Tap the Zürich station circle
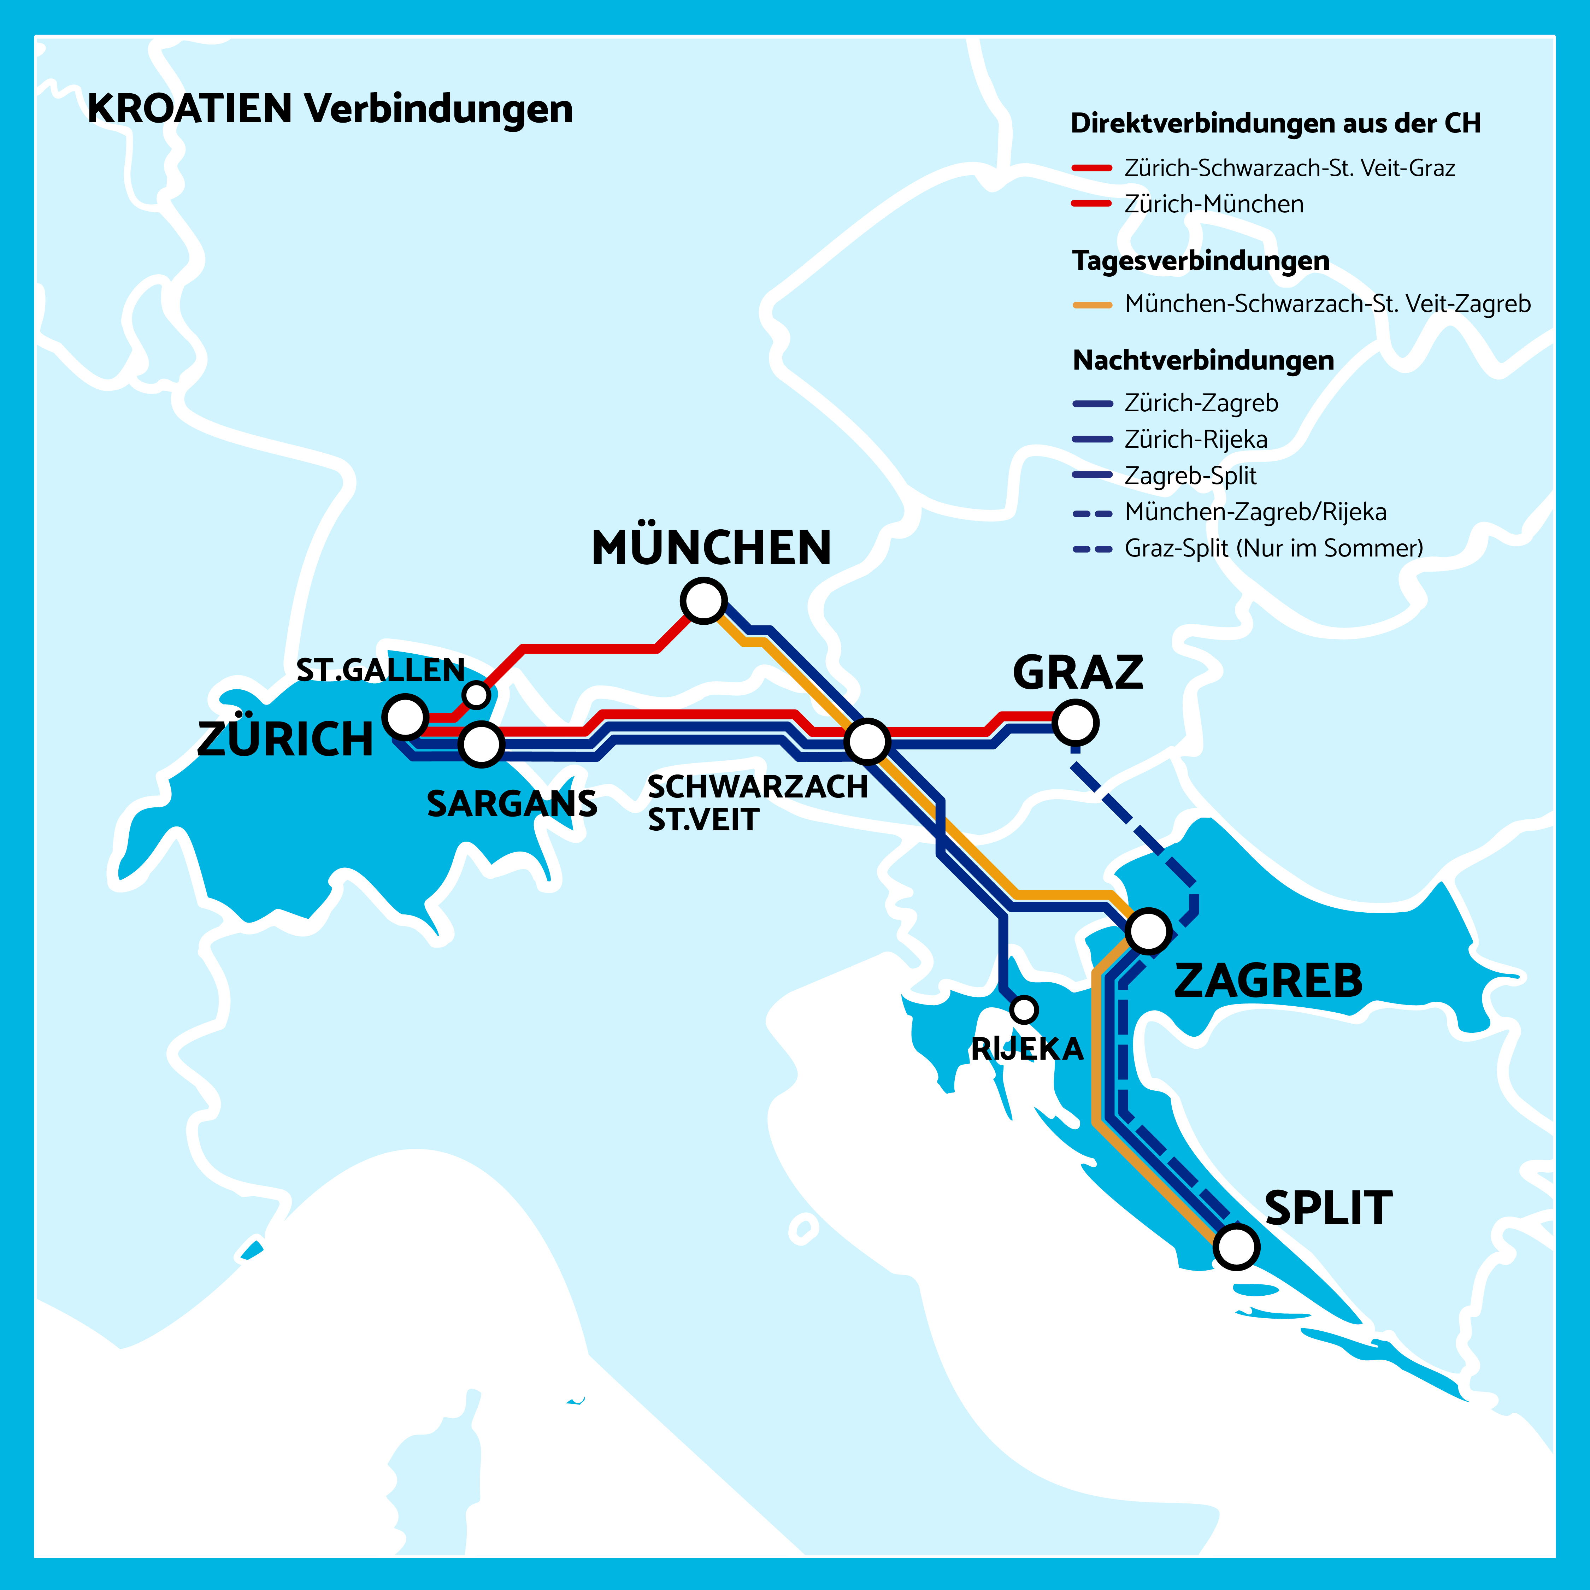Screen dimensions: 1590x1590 coord(406,716)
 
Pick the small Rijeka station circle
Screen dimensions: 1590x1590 coord(1024,1009)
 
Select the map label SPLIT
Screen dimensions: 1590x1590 coord(1328,1208)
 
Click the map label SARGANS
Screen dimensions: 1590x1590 coord(512,804)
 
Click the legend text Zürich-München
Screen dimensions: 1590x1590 coord(1214,204)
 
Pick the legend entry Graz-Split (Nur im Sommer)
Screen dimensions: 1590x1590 coord(1273,548)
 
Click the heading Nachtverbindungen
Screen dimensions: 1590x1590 coord(1203,360)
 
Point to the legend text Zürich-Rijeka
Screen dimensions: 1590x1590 coord(1196,440)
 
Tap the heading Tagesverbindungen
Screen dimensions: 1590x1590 coord(1201,261)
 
